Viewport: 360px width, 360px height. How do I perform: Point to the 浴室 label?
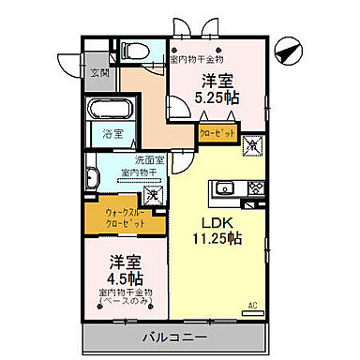pos(112,136)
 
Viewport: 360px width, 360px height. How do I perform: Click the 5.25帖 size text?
pos(217,97)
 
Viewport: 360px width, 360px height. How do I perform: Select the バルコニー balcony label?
pos(175,335)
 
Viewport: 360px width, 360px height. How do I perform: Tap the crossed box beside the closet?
pos(251,146)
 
